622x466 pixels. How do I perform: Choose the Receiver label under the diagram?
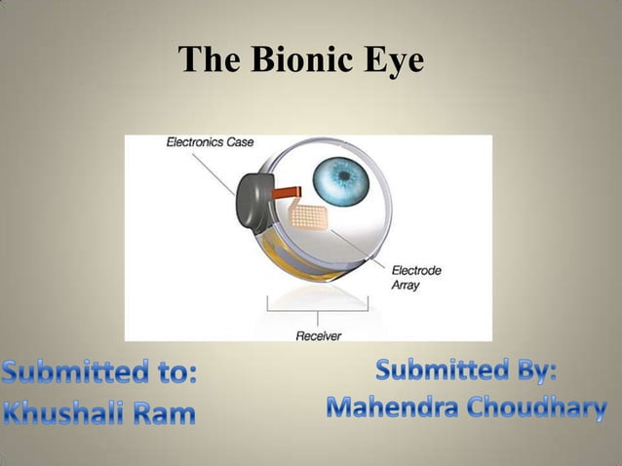pos(318,335)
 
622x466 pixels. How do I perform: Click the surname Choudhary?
pos(539,408)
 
